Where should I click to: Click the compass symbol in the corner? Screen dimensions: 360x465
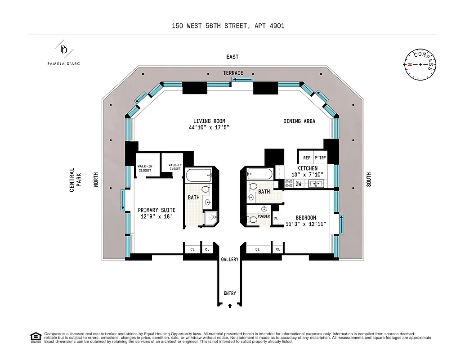pos(420,65)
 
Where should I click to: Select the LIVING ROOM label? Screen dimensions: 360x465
pos(209,121)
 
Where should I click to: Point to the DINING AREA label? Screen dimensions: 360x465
pos(299,121)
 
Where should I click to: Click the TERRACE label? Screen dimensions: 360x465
pos(233,73)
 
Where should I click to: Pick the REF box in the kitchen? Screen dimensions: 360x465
pos(306,158)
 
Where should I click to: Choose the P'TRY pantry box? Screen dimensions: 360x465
pos(320,158)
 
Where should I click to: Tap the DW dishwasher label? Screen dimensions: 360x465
pos(299,184)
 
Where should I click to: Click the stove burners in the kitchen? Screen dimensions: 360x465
pos(288,184)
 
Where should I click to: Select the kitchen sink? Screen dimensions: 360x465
pos(316,184)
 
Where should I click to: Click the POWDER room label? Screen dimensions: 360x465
pos(264,216)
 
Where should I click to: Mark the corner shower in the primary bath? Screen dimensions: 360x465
pos(210,218)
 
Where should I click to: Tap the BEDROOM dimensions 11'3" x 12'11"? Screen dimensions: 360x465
pos(305,224)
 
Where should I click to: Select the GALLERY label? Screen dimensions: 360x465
pos(229,260)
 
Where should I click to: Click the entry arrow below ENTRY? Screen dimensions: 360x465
pos(230,306)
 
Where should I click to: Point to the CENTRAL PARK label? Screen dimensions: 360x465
pos(75,180)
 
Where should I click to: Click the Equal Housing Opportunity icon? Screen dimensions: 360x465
pos(35,337)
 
